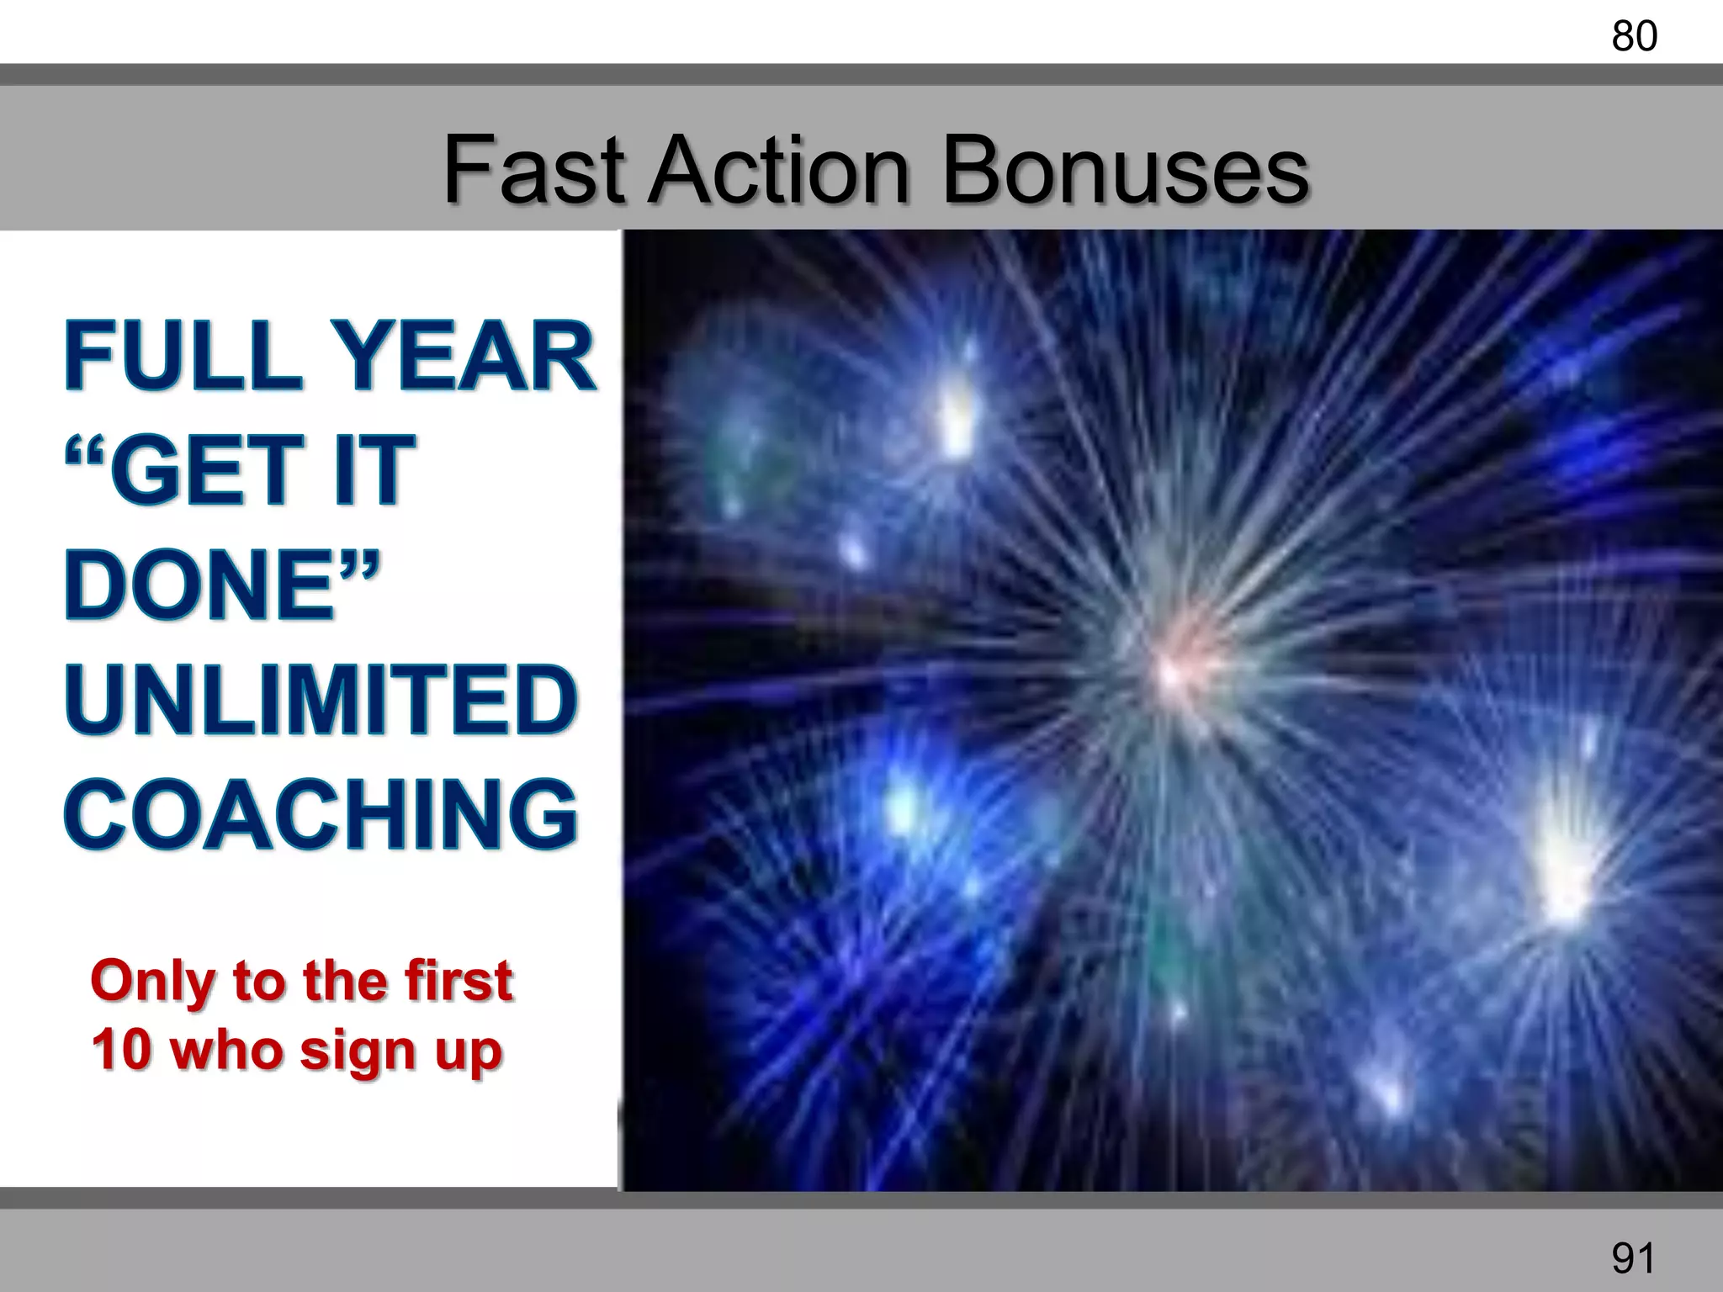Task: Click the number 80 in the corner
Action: tap(1634, 37)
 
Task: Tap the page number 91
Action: tap(1634, 1258)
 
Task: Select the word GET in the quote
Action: tap(205, 471)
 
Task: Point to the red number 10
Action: tap(121, 1050)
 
